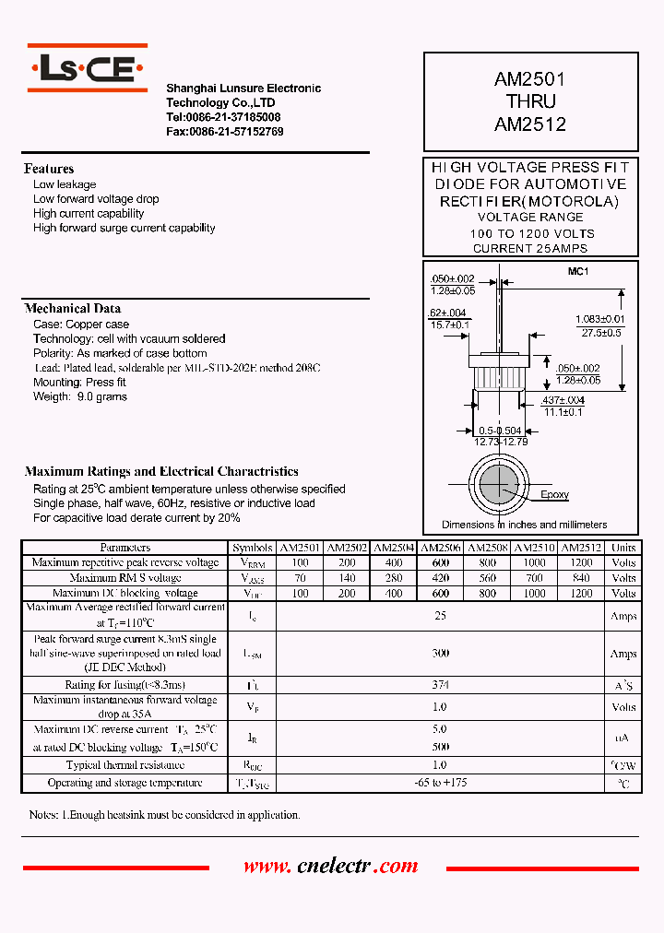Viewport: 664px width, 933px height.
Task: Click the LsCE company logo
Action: tap(87, 67)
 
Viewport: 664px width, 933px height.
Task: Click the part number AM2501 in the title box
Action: tap(530, 80)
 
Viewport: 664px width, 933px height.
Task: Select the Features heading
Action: tap(49, 169)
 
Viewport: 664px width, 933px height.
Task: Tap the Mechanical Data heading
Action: tap(72, 309)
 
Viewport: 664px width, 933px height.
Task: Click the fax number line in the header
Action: tap(224, 132)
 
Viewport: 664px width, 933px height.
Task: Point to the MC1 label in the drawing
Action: tap(577, 271)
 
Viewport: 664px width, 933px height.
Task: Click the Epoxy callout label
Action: tap(554, 495)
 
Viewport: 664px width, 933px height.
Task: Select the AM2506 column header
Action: tap(441, 547)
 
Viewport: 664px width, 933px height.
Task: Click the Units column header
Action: tap(623, 547)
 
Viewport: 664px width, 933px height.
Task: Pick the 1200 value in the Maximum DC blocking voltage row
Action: tap(581, 594)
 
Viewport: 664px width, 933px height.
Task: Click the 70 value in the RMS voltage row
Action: tap(299, 578)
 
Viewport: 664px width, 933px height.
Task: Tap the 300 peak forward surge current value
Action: tap(441, 654)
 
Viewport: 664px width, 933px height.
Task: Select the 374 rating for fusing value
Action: tap(441, 685)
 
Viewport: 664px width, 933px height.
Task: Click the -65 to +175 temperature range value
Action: tap(441, 783)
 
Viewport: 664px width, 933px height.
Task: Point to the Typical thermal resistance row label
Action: tap(125, 765)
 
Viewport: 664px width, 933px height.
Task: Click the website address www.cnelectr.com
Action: tap(330, 867)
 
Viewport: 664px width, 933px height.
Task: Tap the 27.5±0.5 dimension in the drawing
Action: tap(599, 332)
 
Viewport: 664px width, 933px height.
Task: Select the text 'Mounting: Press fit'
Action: tap(80, 383)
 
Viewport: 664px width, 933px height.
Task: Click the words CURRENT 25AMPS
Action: tap(529, 249)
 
